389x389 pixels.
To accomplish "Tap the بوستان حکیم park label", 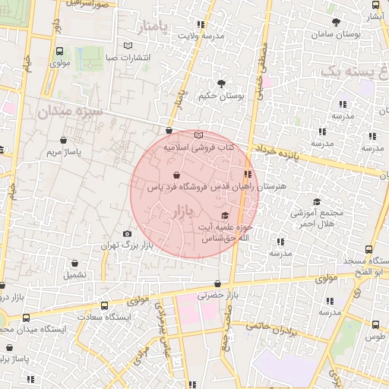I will coord(221,96).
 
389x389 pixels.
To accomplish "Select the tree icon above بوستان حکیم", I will coord(221,84).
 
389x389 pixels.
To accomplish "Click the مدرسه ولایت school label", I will coord(201,35).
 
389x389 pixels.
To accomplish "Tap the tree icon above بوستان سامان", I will coord(335,23).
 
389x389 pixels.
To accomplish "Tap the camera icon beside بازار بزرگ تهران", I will coord(127,233).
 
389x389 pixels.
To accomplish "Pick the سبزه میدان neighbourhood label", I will coord(69,112).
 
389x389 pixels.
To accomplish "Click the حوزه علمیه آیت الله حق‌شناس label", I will coord(226,232).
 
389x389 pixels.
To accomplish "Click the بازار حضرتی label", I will coord(217,295).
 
